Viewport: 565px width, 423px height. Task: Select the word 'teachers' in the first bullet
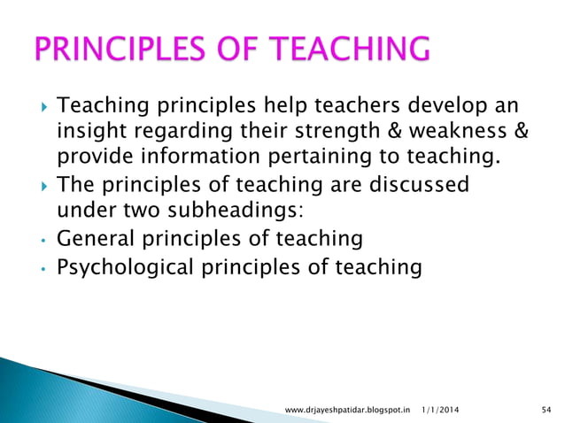[321, 109]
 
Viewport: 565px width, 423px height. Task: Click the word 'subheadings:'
[221, 212]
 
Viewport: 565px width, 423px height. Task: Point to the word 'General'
[95, 239]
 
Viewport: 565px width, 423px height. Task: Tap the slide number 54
[545, 409]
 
